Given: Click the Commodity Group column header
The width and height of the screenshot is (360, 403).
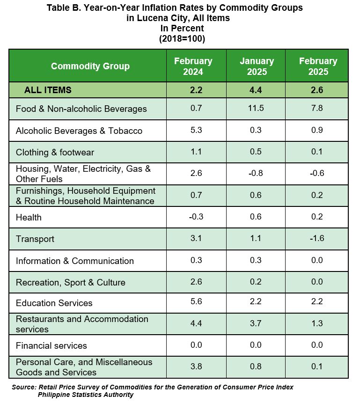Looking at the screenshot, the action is coord(90,66).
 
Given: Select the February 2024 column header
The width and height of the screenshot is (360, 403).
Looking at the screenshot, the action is coord(193,66).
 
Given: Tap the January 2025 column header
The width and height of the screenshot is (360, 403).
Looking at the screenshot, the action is coord(257,66).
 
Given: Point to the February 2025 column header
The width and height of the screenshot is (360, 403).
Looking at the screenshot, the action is coord(318,66).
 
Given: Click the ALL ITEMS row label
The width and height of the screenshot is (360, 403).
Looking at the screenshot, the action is coord(48,90).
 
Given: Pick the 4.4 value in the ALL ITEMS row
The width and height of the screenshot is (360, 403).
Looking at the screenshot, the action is coord(256,90).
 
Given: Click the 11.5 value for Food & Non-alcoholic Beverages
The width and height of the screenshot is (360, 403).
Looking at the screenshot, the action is coord(256,108).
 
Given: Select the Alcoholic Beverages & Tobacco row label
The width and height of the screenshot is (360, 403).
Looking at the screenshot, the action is coord(79,131).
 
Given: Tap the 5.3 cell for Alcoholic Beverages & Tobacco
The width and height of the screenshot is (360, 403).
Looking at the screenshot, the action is coord(196,130).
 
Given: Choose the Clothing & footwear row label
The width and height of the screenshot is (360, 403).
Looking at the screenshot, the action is coord(55,153).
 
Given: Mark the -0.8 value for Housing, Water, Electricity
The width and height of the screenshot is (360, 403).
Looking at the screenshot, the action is coord(256,173).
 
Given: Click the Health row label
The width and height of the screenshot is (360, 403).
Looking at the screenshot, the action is coord(29,218).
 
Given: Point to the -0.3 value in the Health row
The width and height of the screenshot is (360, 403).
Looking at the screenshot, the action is coord(196,217).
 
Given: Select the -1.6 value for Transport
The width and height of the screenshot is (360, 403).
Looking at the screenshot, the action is coord(317,238).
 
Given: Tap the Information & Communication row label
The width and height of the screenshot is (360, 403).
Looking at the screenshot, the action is coord(75,261).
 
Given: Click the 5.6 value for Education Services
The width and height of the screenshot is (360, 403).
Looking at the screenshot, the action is coord(196,301).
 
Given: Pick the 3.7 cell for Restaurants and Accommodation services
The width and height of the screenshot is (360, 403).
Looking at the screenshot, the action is coord(256,323).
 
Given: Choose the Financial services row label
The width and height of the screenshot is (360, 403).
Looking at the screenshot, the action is coord(51,346).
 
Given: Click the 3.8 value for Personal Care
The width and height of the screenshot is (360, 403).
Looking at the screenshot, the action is coord(196,366).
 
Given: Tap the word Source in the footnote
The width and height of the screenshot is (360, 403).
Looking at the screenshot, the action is coord(24,387).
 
